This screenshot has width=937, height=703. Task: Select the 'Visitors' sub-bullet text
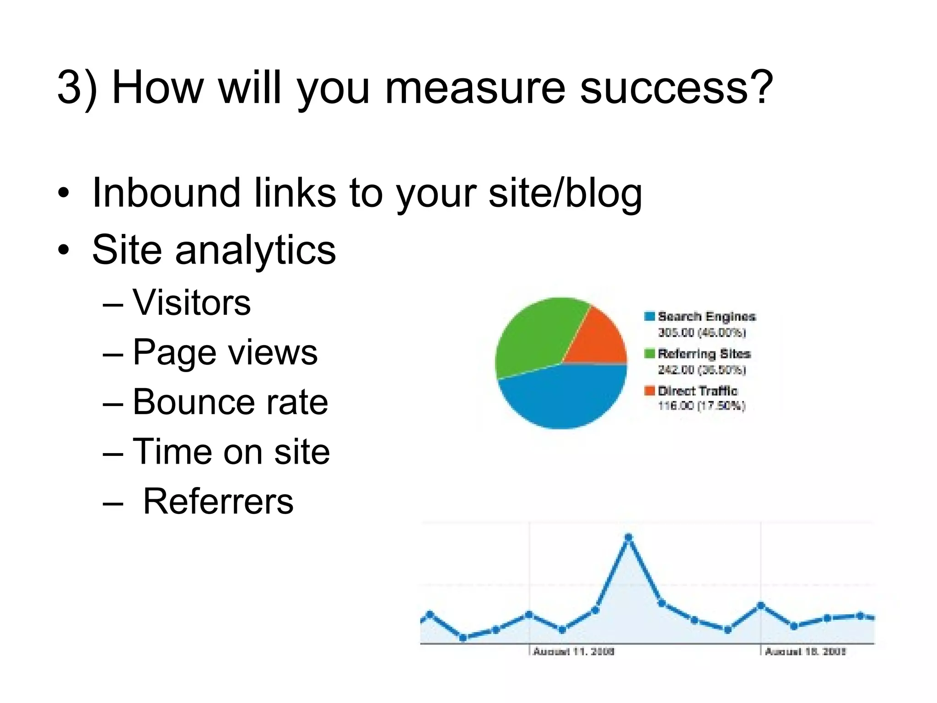coord(192,303)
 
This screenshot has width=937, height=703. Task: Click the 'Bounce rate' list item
coord(230,402)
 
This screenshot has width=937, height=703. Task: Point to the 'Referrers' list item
coord(218,501)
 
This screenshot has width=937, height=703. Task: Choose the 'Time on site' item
coord(231,451)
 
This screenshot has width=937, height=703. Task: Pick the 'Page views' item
coord(225,352)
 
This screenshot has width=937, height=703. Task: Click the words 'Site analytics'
coord(214,249)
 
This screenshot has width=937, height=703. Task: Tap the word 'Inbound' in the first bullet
coord(166,193)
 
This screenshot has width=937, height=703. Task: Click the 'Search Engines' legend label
coord(706,316)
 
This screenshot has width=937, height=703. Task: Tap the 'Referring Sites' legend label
coord(704,354)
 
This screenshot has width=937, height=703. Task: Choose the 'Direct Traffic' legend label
coord(698,391)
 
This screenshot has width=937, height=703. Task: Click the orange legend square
coord(650,391)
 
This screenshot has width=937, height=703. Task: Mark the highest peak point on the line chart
coord(628,537)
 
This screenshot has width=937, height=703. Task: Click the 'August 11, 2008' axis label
coord(574,651)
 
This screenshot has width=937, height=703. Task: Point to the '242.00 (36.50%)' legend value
coord(702,369)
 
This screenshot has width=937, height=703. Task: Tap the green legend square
coord(650,353)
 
